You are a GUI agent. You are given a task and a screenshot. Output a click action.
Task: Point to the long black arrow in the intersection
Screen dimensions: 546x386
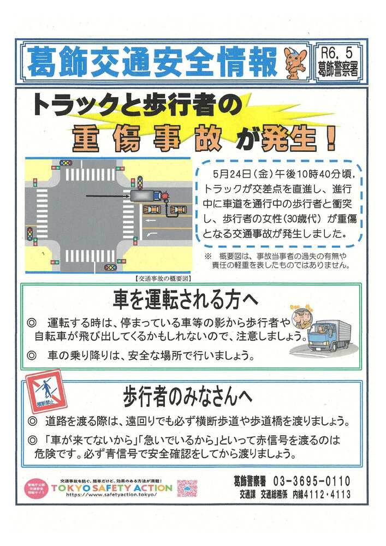(x=106, y=194)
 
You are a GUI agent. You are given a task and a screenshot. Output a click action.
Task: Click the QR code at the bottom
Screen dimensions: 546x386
(x=187, y=487)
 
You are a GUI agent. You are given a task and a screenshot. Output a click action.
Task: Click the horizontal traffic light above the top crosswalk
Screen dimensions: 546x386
(x=66, y=163)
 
